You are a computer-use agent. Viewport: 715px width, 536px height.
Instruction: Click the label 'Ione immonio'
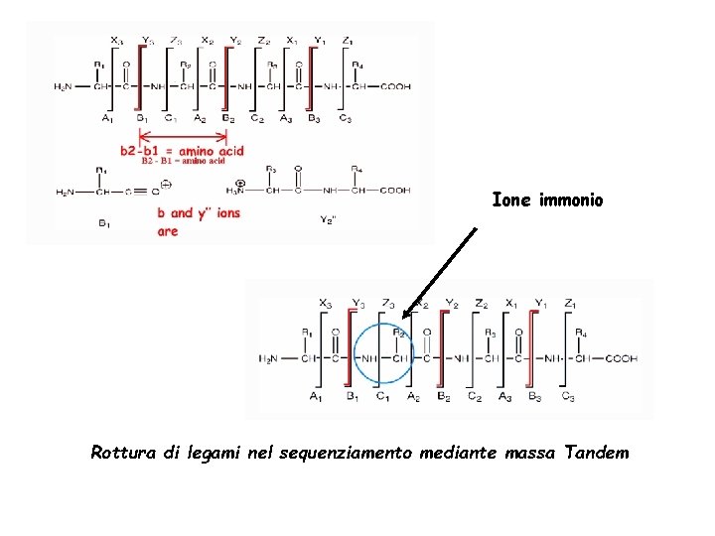click(547, 201)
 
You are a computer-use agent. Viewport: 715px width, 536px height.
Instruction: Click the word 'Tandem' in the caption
click(596, 454)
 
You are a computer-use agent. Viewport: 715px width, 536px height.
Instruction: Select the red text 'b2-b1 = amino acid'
click(182, 151)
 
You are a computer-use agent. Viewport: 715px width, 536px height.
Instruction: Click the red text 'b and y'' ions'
click(199, 213)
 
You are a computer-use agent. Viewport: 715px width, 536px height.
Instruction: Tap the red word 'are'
click(168, 231)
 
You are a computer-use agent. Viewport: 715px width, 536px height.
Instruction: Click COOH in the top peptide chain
click(394, 86)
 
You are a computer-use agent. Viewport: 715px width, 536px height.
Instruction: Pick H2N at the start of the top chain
click(63, 86)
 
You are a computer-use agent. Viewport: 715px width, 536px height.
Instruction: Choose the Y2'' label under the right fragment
click(329, 219)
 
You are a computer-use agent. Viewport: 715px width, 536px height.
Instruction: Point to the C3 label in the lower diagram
click(568, 397)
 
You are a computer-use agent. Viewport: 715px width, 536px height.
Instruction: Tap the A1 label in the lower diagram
click(316, 397)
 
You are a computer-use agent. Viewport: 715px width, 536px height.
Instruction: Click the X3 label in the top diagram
click(116, 41)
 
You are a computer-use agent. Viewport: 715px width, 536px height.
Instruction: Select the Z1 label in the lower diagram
click(569, 303)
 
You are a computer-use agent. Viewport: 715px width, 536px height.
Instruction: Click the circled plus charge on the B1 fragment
click(167, 184)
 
